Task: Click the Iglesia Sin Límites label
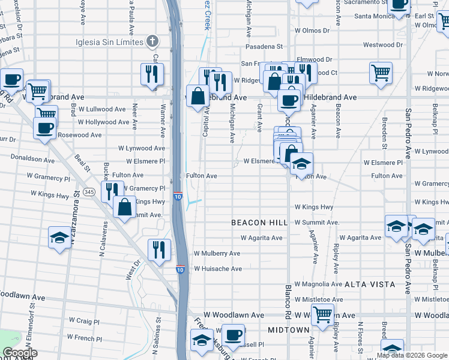pos(109,41)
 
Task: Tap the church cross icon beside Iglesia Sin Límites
pos(152,41)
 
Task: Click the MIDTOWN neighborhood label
pos(289,330)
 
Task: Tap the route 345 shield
pos(89,191)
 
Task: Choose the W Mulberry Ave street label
pos(217,254)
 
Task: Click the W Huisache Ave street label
pos(217,269)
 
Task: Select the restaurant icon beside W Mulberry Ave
pos(159,249)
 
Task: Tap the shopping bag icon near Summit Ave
pos(124,207)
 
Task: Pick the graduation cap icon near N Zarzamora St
pos(60,237)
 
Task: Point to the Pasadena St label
pos(263,46)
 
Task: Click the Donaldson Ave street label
pos(33,159)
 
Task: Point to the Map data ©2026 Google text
pos(412,355)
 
